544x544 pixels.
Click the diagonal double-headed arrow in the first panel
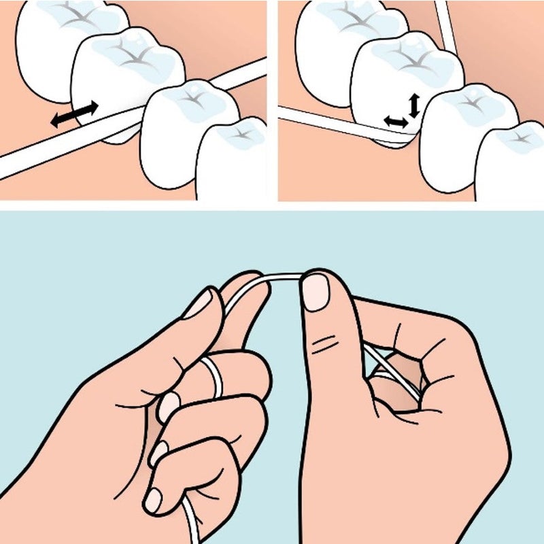(75, 114)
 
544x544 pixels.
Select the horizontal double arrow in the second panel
(395, 121)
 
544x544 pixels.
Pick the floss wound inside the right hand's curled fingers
(394, 371)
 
